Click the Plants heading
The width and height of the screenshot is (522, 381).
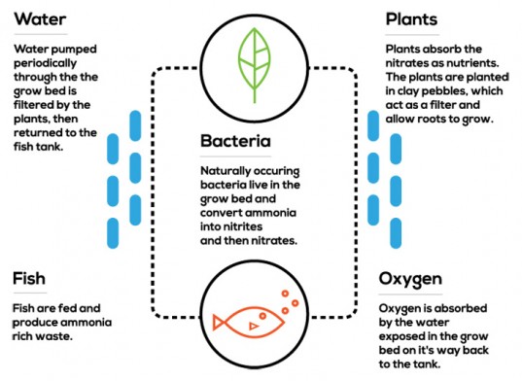coord(412,19)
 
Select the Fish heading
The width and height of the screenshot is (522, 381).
coord(29,280)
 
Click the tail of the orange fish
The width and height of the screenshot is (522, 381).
coord(223,320)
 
